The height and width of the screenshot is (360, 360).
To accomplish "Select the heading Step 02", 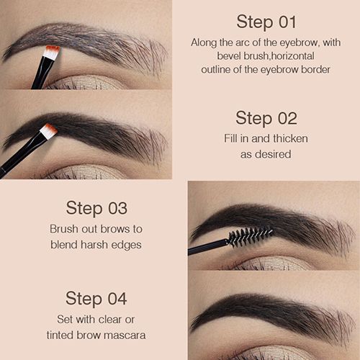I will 266,118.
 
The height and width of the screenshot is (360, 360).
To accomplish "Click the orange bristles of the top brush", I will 50,52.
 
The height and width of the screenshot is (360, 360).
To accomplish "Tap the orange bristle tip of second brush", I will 48,130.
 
